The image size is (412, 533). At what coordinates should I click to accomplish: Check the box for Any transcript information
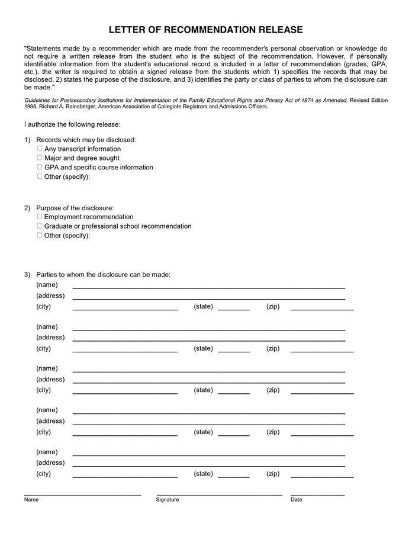(40, 149)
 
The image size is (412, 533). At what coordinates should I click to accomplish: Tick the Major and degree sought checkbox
(40, 158)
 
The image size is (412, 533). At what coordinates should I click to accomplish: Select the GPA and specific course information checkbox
(40, 167)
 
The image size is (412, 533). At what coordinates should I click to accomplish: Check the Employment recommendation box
(40, 217)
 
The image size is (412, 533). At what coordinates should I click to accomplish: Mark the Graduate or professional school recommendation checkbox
(40, 226)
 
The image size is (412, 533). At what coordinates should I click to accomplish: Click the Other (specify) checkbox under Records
(40, 176)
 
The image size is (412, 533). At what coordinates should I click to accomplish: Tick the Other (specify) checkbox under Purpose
(40, 235)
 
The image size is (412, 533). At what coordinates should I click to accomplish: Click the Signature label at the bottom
(168, 500)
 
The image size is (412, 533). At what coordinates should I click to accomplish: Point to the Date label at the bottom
(296, 500)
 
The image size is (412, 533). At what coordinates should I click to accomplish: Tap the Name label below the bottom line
(31, 500)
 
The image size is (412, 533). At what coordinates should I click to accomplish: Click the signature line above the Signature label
(219, 494)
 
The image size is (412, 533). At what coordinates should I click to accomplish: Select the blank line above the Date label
(317, 494)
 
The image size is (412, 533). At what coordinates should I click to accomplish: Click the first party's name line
(208, 288)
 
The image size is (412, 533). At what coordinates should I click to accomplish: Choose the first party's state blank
(233, 310)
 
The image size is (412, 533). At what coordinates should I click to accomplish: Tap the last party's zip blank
(322, 477)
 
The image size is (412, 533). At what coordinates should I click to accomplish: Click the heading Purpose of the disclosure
(75, 208)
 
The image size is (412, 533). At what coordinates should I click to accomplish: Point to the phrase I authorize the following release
(72, 124)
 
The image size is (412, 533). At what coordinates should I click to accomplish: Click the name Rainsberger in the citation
(77, 107)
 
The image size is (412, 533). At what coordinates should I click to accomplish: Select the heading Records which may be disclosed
(86, 140)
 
